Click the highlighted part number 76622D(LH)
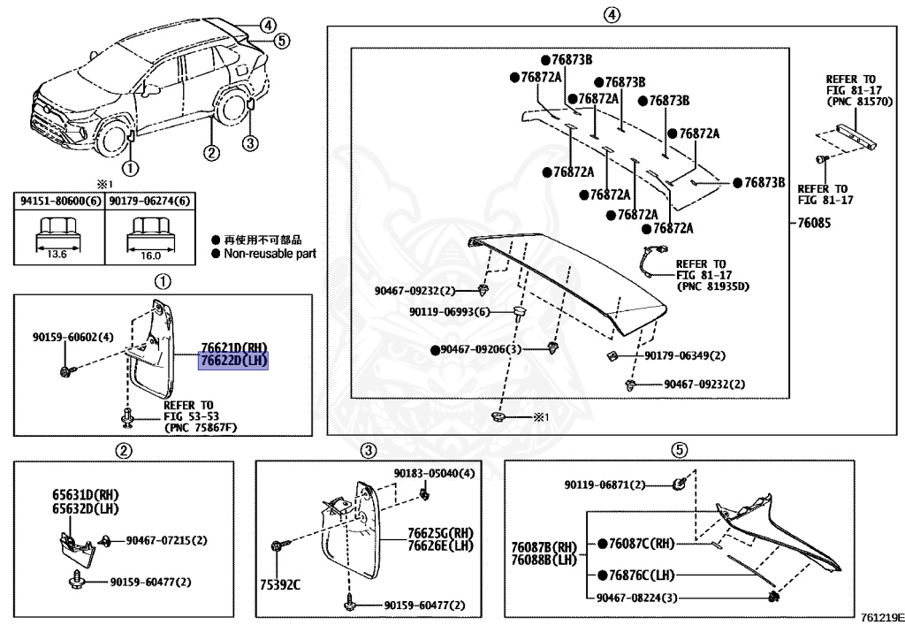coord(233,361)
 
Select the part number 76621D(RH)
coord(233,348)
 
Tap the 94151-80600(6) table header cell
coord(60,202)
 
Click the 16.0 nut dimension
coord(150,255)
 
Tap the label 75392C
coord(279,584)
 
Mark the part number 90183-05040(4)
coord(434,474)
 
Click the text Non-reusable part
coord(270,254)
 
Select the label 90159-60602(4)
coord(73,337)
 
